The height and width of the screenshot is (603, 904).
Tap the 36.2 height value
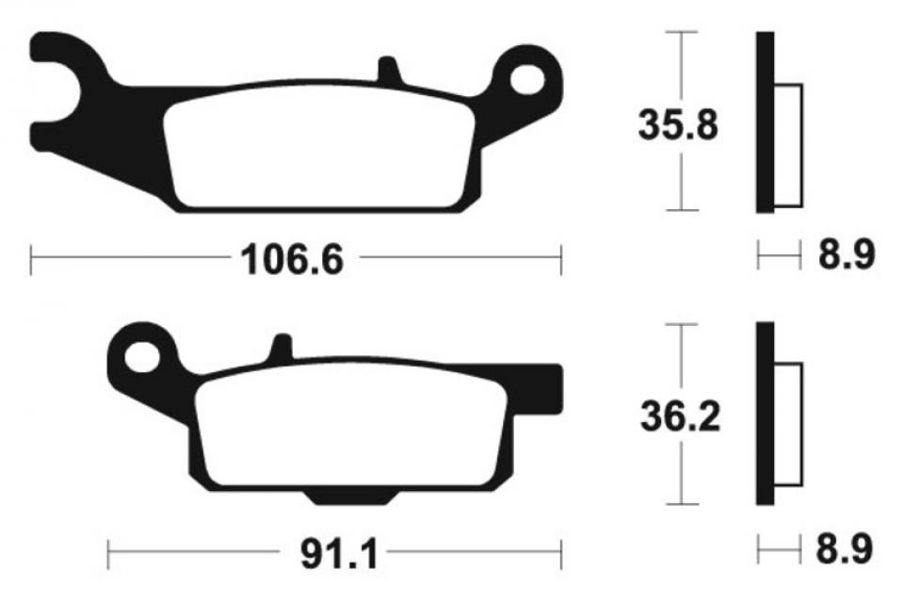click(x=679, y=416)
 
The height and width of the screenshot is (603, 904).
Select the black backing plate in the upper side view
click(x=764, y=122)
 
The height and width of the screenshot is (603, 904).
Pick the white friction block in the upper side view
click(x=788, y=146)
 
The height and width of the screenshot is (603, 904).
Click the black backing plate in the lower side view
click(x=764, y=415)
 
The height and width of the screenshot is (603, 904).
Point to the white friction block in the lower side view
click(x=788, y=433)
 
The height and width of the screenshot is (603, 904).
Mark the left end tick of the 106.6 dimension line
click(x=31, y=259)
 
